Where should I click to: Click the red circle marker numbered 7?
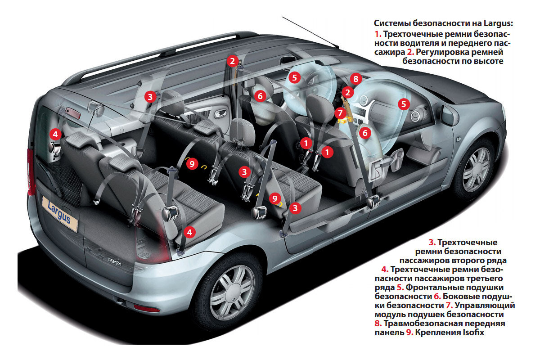[341, 113]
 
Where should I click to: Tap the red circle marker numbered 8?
[355, 79]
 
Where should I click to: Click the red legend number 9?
[409, 333]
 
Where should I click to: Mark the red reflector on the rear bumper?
[146, 308]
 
